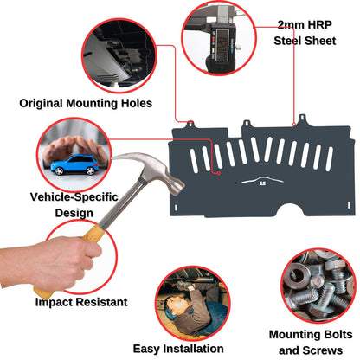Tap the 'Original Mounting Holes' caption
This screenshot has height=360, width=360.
(86, 103)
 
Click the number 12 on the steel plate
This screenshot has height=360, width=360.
(262, 195)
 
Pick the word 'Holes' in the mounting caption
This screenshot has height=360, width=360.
(133, 103)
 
